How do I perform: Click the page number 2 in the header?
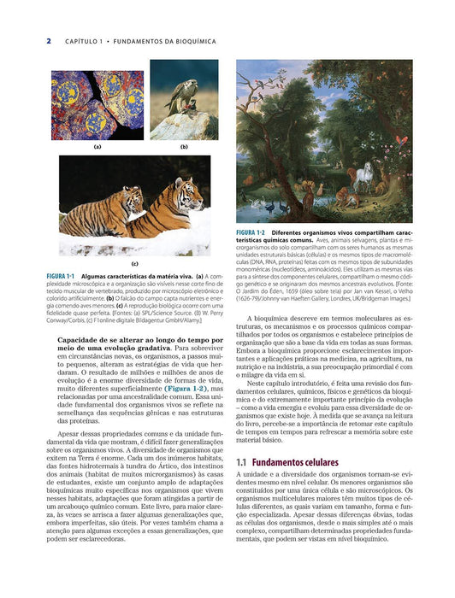[49, 40]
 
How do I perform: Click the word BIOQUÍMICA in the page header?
[189, 41]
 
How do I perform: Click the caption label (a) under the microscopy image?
[97, 147]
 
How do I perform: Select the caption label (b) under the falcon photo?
[184, 147]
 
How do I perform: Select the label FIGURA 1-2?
[251, 232]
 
